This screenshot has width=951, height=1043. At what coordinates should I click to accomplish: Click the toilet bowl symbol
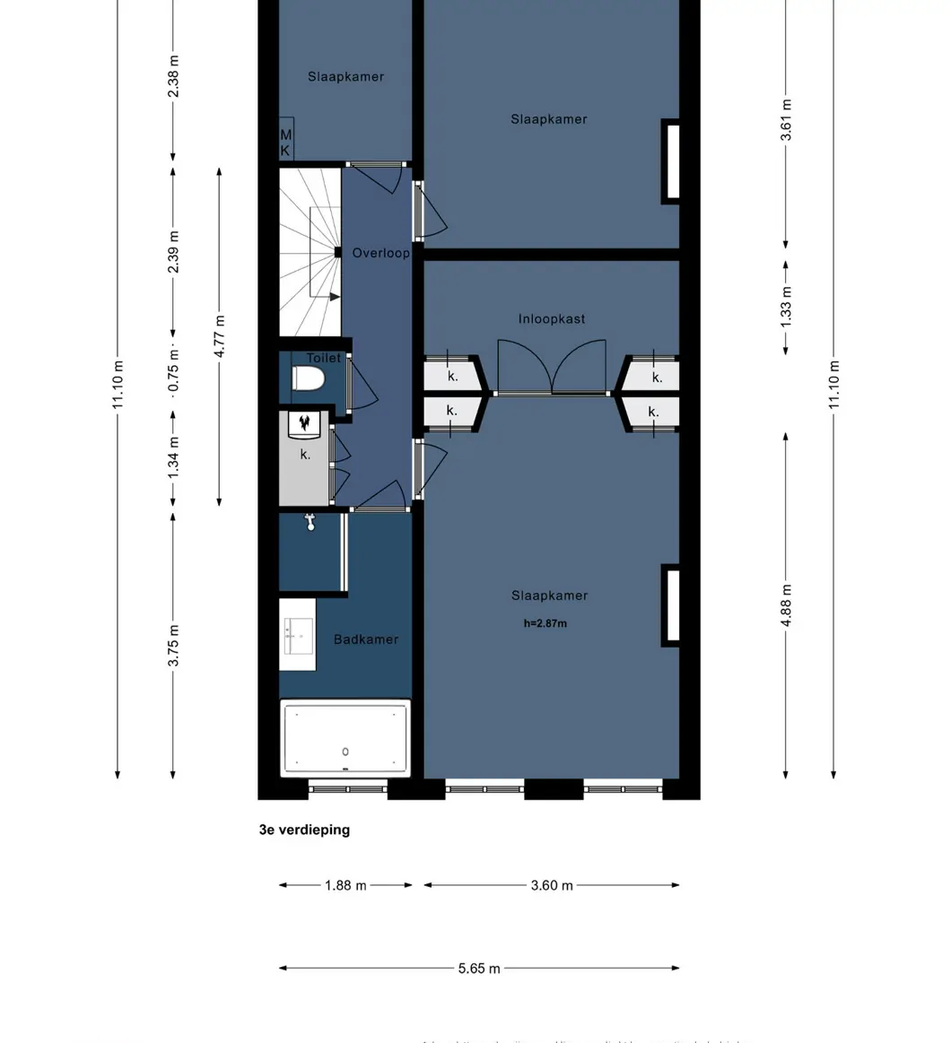click(x=307, y=380)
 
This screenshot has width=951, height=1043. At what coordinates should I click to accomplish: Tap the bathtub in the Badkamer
click(x=345, y=738)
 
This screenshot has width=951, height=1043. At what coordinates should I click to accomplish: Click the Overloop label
click(x=380, y=253)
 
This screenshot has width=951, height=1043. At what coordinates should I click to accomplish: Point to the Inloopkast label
click(x=551, y=318)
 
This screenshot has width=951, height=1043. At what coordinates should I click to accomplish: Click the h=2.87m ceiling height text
click(x=545, y=623)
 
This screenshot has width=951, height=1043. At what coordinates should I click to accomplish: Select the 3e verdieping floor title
click(x=304, y=830)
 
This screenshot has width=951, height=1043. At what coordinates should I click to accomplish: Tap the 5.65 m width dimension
click(x=479, y=968)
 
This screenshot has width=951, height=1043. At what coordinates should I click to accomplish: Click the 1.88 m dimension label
click(x=345, y=885)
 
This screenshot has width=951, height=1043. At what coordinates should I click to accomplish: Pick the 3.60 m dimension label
click(x=551, y=885)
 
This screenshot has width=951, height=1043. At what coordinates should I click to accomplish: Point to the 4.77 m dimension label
click(x=220, y=336)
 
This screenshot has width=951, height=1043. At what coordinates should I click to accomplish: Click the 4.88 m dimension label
click(x=786, y=605)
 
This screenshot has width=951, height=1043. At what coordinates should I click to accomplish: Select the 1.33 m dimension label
click(x=786, y=305)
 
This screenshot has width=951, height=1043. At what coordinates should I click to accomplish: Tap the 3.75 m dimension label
click(x=174, y=645)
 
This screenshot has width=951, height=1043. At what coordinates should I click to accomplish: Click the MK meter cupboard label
click(x=285, y=142)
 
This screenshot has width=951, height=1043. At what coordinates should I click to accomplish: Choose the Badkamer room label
click(x=365, y=639)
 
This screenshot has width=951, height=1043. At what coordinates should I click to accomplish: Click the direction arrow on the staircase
click(x=333, y=297)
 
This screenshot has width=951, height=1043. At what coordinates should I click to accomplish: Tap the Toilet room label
click(x=323, y=358)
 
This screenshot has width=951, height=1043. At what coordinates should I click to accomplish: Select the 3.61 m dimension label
click(x=786, y=119)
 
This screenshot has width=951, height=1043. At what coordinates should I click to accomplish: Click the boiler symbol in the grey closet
click(x=305, y=423)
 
